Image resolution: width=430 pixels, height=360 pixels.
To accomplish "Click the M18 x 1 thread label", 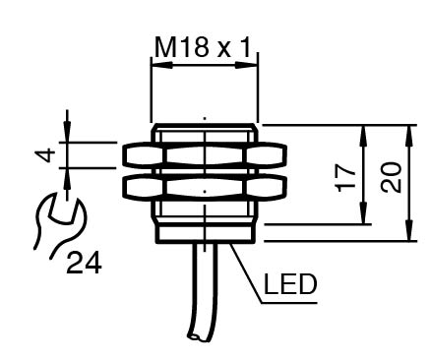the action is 202,47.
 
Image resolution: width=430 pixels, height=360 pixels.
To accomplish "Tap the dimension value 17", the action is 345,177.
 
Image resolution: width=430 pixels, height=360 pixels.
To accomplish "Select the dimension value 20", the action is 391,177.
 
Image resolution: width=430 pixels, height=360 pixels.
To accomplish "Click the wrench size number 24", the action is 84,263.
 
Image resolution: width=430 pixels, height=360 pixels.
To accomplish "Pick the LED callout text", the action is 290,284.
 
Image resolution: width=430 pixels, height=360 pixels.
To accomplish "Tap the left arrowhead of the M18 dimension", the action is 161,65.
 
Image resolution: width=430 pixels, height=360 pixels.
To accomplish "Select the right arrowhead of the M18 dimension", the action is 246,65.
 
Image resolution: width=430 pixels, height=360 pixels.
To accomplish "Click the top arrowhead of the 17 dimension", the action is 363,136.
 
